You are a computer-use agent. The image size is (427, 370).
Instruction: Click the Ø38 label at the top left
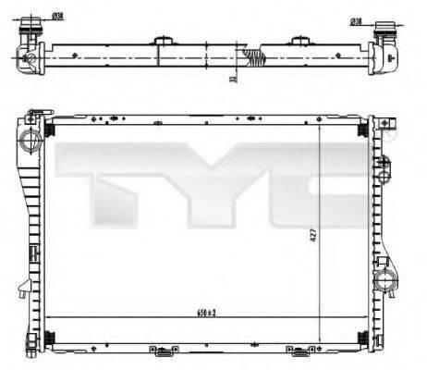pyautogui.click(x=58, y=17)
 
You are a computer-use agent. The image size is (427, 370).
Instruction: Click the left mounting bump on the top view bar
pyautogui.click(x=165, y=40)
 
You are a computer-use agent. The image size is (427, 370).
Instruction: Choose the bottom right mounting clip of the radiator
pyautogui.click(x=300, y=351)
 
